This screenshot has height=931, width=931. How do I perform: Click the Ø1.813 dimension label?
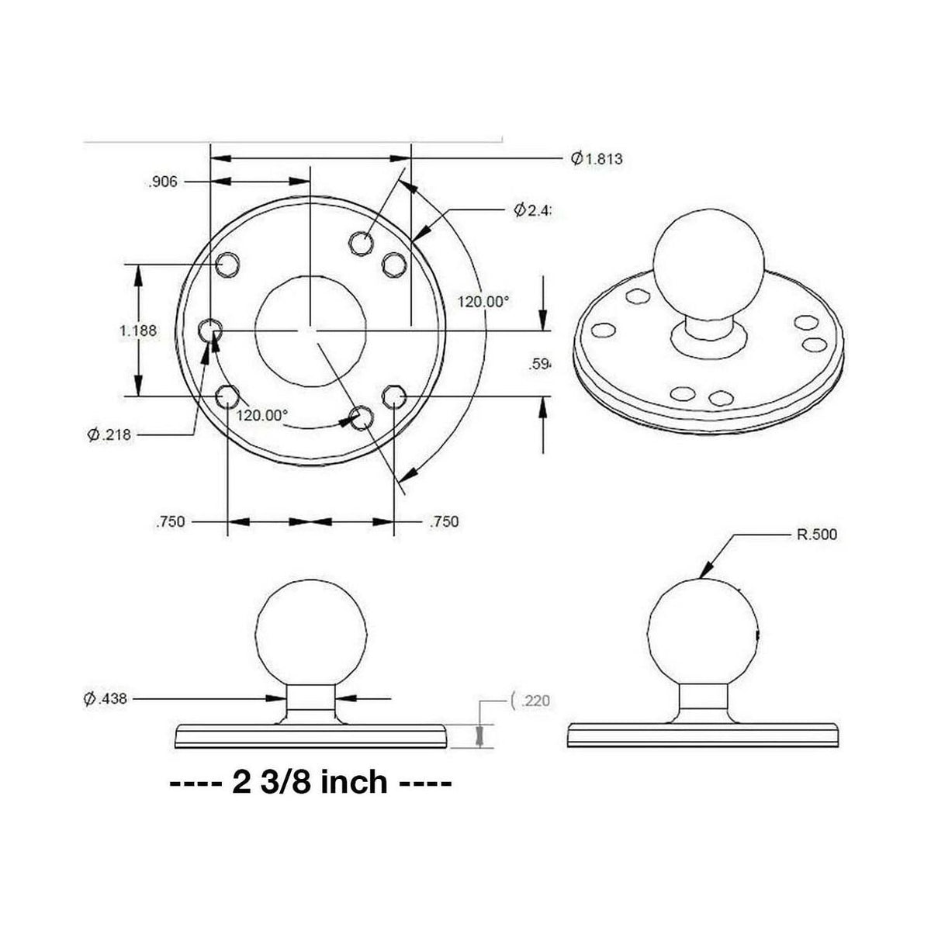[597, 159]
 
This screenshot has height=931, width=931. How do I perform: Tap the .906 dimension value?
[162, 182]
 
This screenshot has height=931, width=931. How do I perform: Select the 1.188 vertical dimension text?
[138, 331]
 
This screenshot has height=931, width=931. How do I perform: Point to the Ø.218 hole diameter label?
[109, 435]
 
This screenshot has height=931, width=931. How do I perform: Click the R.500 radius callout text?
[817, 535]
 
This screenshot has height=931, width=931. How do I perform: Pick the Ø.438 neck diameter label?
[105, 699]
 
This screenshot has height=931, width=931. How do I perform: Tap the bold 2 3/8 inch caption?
[310, 782]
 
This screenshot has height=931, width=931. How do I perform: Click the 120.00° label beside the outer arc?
[483, 303]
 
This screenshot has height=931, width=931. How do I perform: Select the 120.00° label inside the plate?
[261, 415]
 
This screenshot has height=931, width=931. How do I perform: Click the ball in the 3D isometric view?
[708, 263]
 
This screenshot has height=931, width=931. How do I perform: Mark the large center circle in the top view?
[310, 330]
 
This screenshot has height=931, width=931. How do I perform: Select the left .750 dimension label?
[170, 521]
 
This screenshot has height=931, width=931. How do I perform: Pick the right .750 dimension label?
[444, 521]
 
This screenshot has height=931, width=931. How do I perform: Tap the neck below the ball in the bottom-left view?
[311, 703]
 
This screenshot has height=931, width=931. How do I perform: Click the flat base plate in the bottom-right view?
[703, 735]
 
